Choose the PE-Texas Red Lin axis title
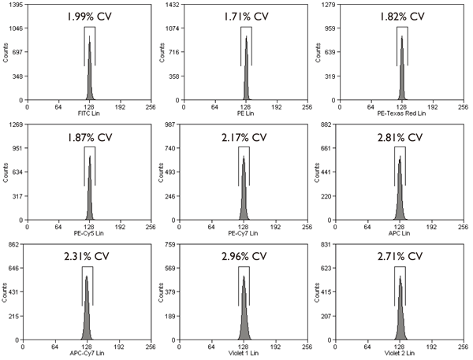[401, 114]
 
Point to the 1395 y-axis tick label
[11, 5]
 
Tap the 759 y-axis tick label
[169, 246]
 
